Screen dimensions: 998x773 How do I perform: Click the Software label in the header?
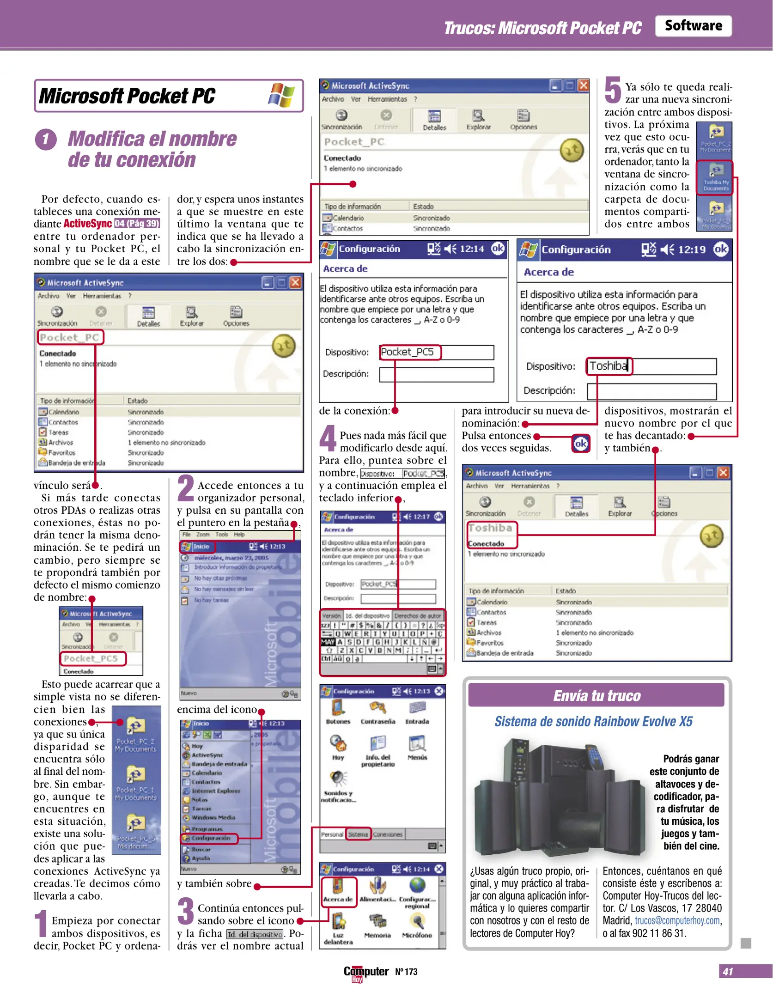tap(693, 26)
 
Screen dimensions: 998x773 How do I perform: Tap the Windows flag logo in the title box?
tap(281, 95)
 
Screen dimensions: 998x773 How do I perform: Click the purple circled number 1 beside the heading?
tap(45, 139)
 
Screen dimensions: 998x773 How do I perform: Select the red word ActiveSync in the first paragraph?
tap(87, 224)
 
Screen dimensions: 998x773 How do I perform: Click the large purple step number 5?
tap(613, 90)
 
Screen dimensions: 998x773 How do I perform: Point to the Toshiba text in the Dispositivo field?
tap(608, 366)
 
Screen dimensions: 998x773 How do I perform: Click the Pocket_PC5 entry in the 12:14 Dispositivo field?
tap(407, 352)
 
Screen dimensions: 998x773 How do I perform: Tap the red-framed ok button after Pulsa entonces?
tap(580, 444)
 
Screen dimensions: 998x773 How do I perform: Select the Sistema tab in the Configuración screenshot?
tap(358, 834)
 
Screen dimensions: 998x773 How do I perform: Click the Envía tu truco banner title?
tap(596, 695)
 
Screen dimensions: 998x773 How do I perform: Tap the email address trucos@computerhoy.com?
tap(677, 920)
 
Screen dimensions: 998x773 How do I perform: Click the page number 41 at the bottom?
tap(728, 971)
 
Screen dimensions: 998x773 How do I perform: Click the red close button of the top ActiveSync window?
tap(583, 85)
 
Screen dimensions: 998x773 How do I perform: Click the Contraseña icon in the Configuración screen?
tap(378, 712)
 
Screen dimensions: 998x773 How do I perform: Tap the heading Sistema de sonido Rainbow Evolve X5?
tap(593, 721)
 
